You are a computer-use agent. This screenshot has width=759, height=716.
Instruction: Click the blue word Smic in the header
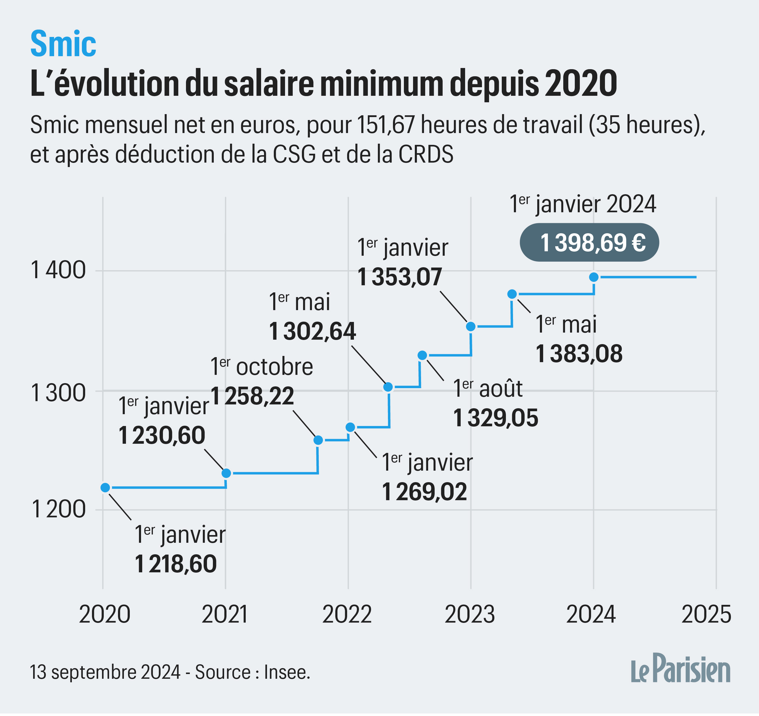pos(63,44)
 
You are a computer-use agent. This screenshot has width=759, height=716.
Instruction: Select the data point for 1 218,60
pos(105,488)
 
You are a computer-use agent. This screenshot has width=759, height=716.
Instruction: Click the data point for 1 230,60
pos(226,473)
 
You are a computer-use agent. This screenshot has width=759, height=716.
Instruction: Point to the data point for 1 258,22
pos(318,440)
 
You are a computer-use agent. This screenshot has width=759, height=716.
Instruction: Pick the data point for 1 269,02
pos(350,427)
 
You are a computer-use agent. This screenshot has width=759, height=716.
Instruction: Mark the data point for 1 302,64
pos(388,387)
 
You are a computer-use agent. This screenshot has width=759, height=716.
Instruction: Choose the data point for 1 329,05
pos(422,355)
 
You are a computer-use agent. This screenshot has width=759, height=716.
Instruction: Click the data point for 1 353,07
pos(471,326)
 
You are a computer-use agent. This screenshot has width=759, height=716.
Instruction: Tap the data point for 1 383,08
pos(512,294)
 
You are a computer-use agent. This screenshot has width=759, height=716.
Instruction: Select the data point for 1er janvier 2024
pos(594,277)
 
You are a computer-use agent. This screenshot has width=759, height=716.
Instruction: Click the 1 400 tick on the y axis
pos(58,270)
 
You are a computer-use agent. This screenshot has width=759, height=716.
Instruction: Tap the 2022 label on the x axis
pos(347,615)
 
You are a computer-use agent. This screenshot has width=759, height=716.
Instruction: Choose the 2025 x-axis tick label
pos(706,615)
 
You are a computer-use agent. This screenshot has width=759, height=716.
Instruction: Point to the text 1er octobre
pos(262,367)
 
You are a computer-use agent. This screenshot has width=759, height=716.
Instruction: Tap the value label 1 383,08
pos(579,354)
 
